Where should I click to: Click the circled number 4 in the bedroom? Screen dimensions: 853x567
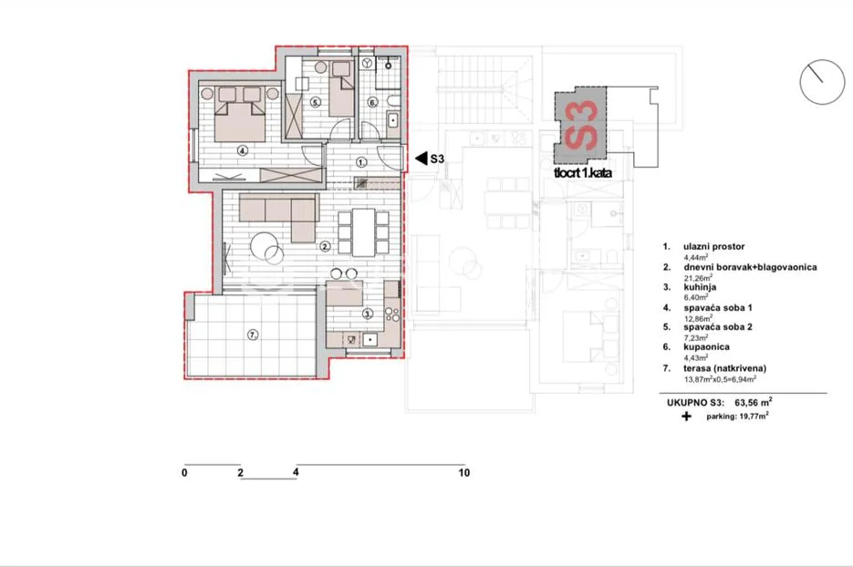[x=243, y=151]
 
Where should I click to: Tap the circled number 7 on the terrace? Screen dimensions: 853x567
[x=253, y=335]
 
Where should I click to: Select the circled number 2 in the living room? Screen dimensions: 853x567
[x=325, y=247]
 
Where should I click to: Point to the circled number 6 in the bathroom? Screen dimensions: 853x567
[x=372, y=102]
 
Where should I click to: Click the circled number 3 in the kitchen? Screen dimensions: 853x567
[x=368, y=314]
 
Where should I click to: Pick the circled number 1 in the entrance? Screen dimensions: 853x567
[x=362, y=162]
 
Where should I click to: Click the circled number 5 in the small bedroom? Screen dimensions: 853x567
[x=316, y=102]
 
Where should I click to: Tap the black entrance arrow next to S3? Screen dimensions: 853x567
[x=421, y=159]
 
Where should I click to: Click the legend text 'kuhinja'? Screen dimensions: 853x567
[x=700, y=287]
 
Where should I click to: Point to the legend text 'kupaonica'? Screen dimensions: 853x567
[x=707, y=346]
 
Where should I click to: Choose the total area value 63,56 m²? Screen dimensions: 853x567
[x=754, y=403]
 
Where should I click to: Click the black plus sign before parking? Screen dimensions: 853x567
[x=687, y=417]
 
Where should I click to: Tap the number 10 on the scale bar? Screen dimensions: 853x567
[x=464, y=473]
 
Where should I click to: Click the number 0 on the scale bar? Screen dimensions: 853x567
[x=184, y=473]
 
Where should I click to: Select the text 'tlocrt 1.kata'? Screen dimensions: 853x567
[x=583, y=173]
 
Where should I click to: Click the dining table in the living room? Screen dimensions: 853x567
[x=363, y=232]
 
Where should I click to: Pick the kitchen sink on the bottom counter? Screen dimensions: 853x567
[x=369, y=340]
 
